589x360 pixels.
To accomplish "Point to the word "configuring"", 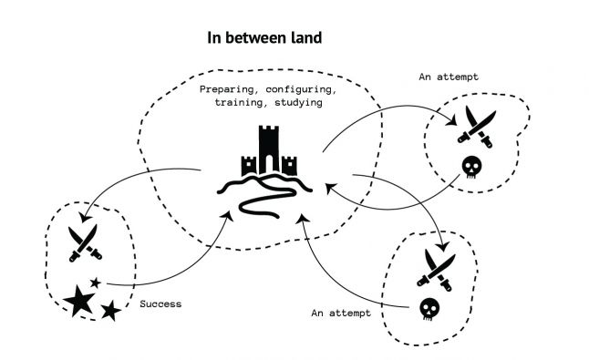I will [307, 91].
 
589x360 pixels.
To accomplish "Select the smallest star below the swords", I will [96, 283].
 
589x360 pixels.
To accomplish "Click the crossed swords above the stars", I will [82, 242].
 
